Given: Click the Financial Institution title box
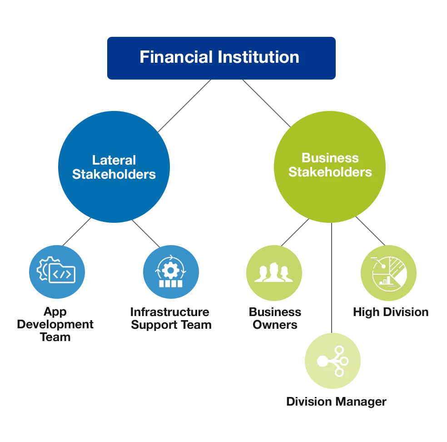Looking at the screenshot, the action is (x=221, y=58).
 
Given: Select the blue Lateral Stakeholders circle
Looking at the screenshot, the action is (x=114, y=166).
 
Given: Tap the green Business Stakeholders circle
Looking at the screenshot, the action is (x=330, y=166).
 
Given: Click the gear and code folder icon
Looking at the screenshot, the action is (x=56, y=270).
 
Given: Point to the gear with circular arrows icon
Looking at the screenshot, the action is (x=170, y=271).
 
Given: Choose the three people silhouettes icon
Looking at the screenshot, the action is (x=273, y=272).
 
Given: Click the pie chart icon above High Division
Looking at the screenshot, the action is (x=389, y=274).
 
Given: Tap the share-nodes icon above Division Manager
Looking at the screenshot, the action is (x=333, y=361).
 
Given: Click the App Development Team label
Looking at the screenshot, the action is (x=55, y=324).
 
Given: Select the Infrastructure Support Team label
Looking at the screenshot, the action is (x=171, y=318).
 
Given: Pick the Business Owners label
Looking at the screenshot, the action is (x=275, y=318).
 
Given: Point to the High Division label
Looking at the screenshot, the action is (x=391, y=312).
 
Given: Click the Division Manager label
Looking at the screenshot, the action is (x=337, y=402).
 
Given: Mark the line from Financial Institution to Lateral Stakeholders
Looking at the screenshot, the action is (x=184, y=105).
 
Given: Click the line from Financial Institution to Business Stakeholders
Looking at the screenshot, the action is (x=266, y=103).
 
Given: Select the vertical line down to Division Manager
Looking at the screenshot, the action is (x=332, y=278).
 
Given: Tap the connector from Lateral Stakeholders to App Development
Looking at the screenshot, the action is (x=77, y=232).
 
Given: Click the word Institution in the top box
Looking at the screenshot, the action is (x=258, y=57).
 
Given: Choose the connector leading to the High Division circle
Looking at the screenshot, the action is (x=370, y=231).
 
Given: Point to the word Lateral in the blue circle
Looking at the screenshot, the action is (x=114, y=160).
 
